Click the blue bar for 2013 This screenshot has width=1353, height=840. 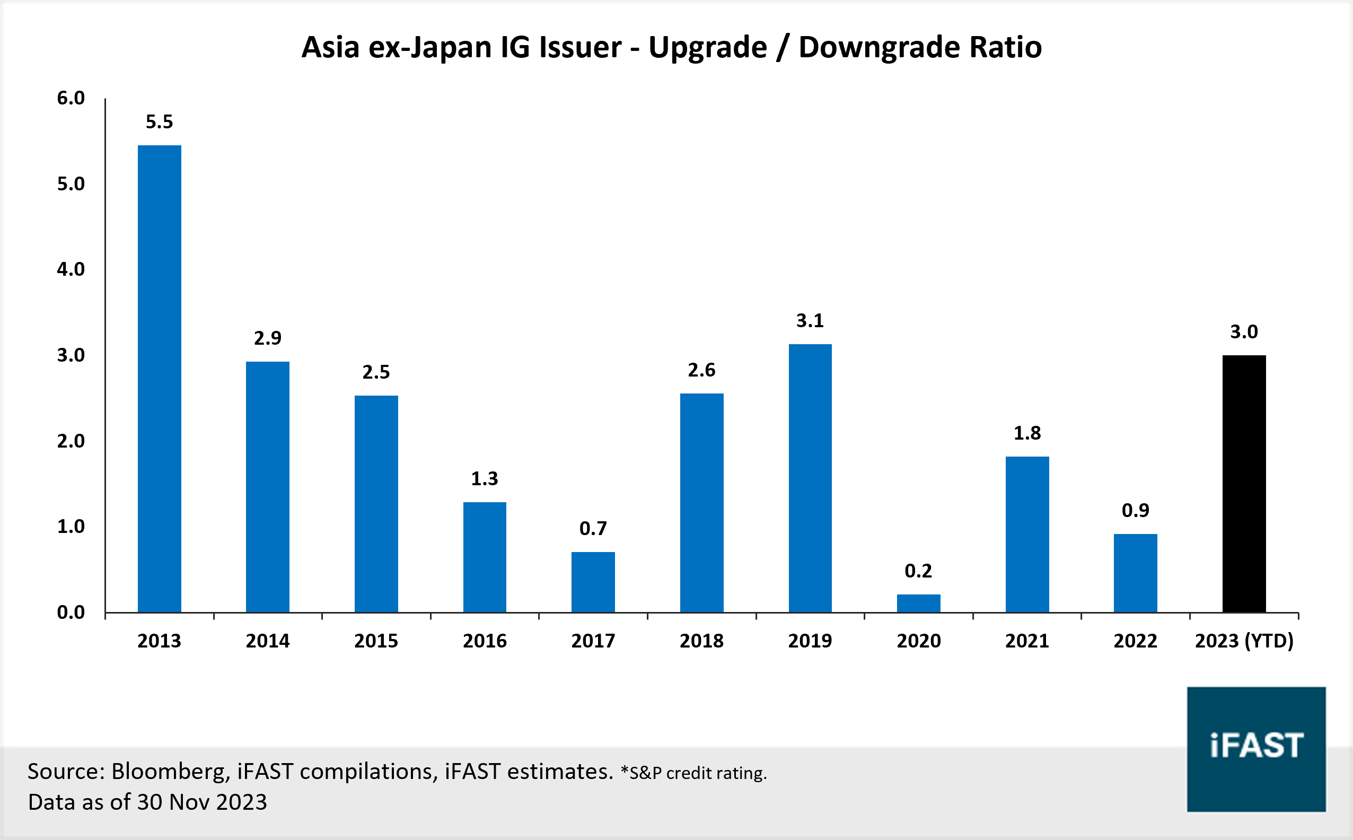(160, 378)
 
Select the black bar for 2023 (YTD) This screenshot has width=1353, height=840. (1244, 483)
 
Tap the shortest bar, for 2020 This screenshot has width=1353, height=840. (918, 603)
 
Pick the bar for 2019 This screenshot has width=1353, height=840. (810, 478)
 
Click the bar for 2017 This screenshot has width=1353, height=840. (593, 582)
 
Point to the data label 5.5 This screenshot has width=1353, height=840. (160, 121)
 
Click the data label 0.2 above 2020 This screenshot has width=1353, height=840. (918, 571)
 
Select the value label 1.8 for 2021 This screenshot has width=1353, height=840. (1027, 433)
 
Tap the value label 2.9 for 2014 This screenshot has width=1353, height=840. (268, 338)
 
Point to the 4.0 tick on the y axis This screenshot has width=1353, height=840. (71, 269)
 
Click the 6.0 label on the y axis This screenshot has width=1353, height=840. (71, 98)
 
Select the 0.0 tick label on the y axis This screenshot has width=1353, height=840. (71, 612)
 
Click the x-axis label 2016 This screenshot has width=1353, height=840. (485, 641)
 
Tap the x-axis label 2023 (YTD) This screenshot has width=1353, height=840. (1244, 641)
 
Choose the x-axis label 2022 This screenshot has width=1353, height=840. (1135, 641)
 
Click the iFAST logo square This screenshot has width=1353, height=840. (1256, 749)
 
